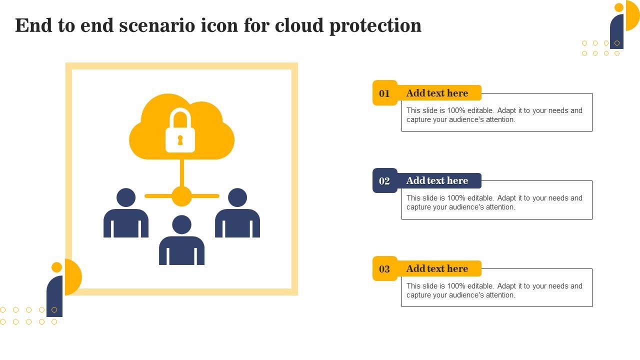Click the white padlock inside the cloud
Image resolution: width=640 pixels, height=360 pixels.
tap(180, 132)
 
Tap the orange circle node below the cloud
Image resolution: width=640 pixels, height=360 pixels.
tap(181, 196)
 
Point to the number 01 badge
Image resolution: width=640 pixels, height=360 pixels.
tap(384, 93)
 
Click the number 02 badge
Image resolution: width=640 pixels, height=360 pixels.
tap(384, 181)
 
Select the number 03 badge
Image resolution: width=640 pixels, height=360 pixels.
tap(384, 269)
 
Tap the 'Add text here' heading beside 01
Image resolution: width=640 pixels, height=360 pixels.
tap(437, 93)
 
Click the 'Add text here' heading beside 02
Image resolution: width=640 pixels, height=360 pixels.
tap(437, 180)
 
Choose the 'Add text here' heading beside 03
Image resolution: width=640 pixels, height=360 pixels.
tap(437, 268)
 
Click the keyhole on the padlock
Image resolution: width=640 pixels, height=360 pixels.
tap(180, 140)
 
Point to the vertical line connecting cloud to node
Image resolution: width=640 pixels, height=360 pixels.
tap(181, 172)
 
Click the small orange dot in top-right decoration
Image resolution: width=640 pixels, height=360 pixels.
tap(619, 7)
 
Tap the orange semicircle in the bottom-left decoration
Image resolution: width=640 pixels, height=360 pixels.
tap(74, 276)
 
